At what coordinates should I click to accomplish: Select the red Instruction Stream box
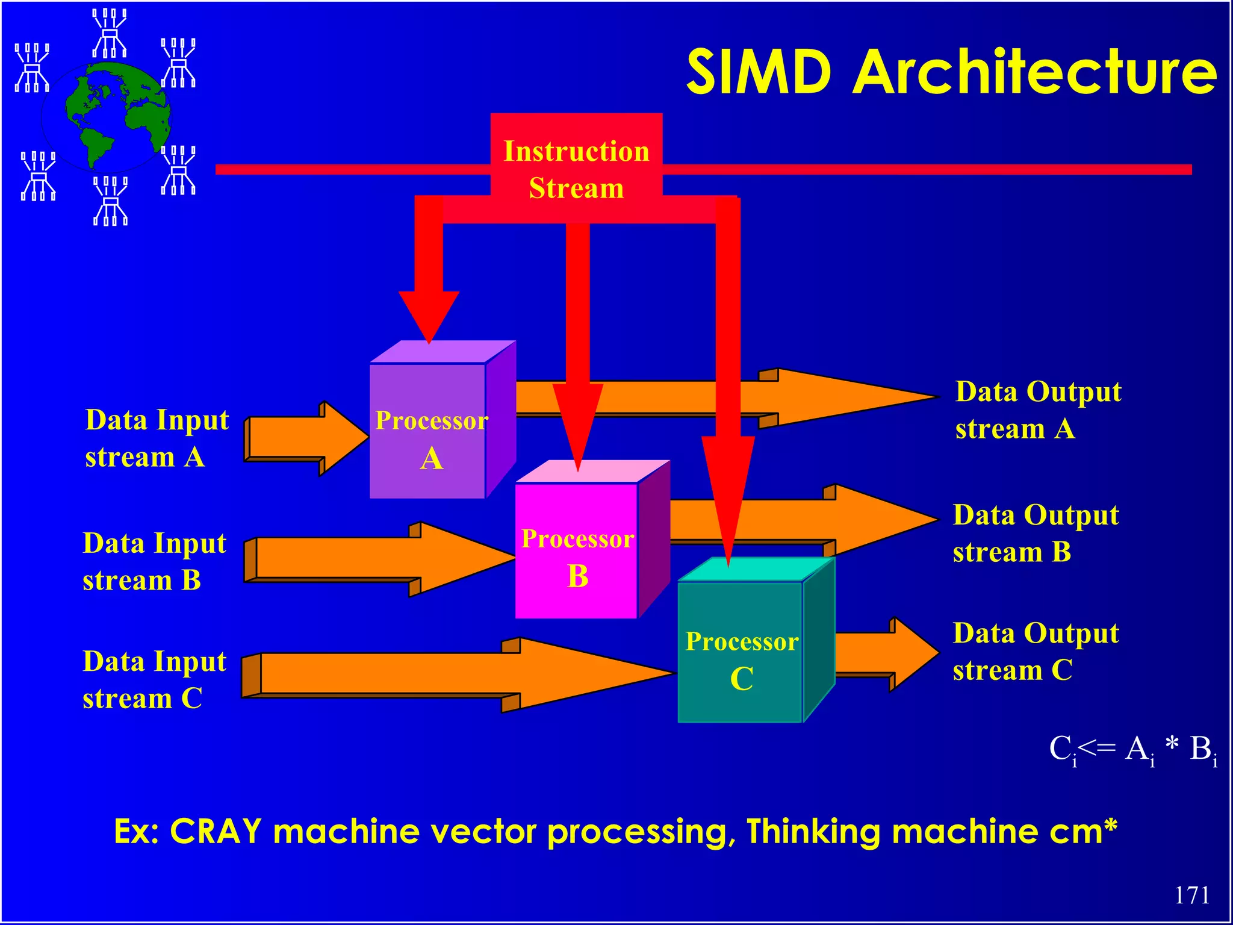point(576,169)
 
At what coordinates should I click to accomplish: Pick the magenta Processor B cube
point(577,551)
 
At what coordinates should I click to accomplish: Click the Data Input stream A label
point(157,438)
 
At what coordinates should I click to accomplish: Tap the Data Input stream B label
point(154,561)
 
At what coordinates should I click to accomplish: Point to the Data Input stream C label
point(154,679)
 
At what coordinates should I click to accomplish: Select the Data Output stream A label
point(1038,410)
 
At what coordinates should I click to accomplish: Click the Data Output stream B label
point(1036,534)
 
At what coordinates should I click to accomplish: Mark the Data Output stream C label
point(1036,652)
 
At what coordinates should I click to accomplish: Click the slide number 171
point(1191,895)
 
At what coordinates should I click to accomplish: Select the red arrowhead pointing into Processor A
point(429,315)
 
